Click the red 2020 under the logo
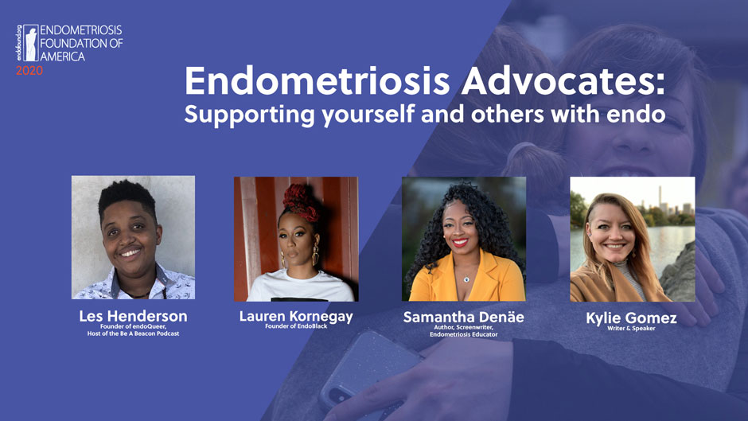coord(29,71)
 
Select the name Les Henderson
coord(133,316)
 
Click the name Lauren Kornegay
coord(296,316)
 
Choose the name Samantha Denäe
coord(463,317)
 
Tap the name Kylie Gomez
coord(631,318)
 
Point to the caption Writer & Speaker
coord(631,328)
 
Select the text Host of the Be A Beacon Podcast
coord(133,333)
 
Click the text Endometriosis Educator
coord(463,334)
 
